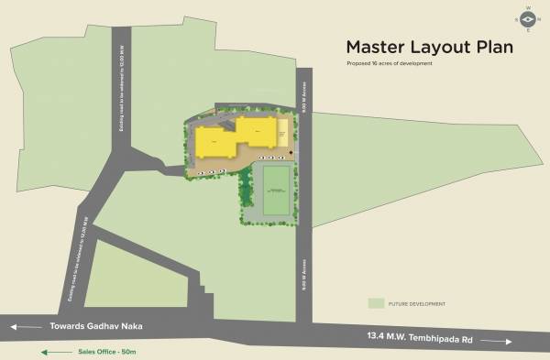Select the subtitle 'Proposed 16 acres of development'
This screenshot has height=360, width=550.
(x=390, y=63)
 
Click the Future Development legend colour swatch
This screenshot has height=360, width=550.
(x=375, y=303)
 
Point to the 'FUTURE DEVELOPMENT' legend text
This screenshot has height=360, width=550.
(x=418, y=303)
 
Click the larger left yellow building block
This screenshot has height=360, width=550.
(x=214, y=143)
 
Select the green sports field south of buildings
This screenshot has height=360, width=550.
(x=276, y=191)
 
